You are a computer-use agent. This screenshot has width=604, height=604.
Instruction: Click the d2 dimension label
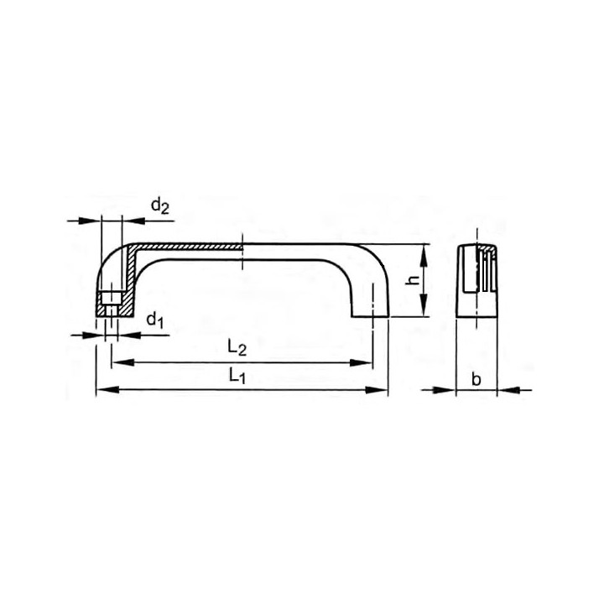coord(160,206)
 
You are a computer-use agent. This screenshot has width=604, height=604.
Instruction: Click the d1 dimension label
coord(155,320)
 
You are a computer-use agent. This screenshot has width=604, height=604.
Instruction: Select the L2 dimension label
coord(237,348)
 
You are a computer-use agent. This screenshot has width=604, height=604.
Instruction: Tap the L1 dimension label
coord(237,376)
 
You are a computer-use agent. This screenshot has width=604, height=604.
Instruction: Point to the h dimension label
coord(414,280)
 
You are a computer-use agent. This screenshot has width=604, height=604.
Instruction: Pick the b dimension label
coord(476,380)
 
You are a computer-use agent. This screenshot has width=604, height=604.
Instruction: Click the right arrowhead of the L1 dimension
coord(377,390)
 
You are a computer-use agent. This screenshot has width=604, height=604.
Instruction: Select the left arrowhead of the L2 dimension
coord(122,362)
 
